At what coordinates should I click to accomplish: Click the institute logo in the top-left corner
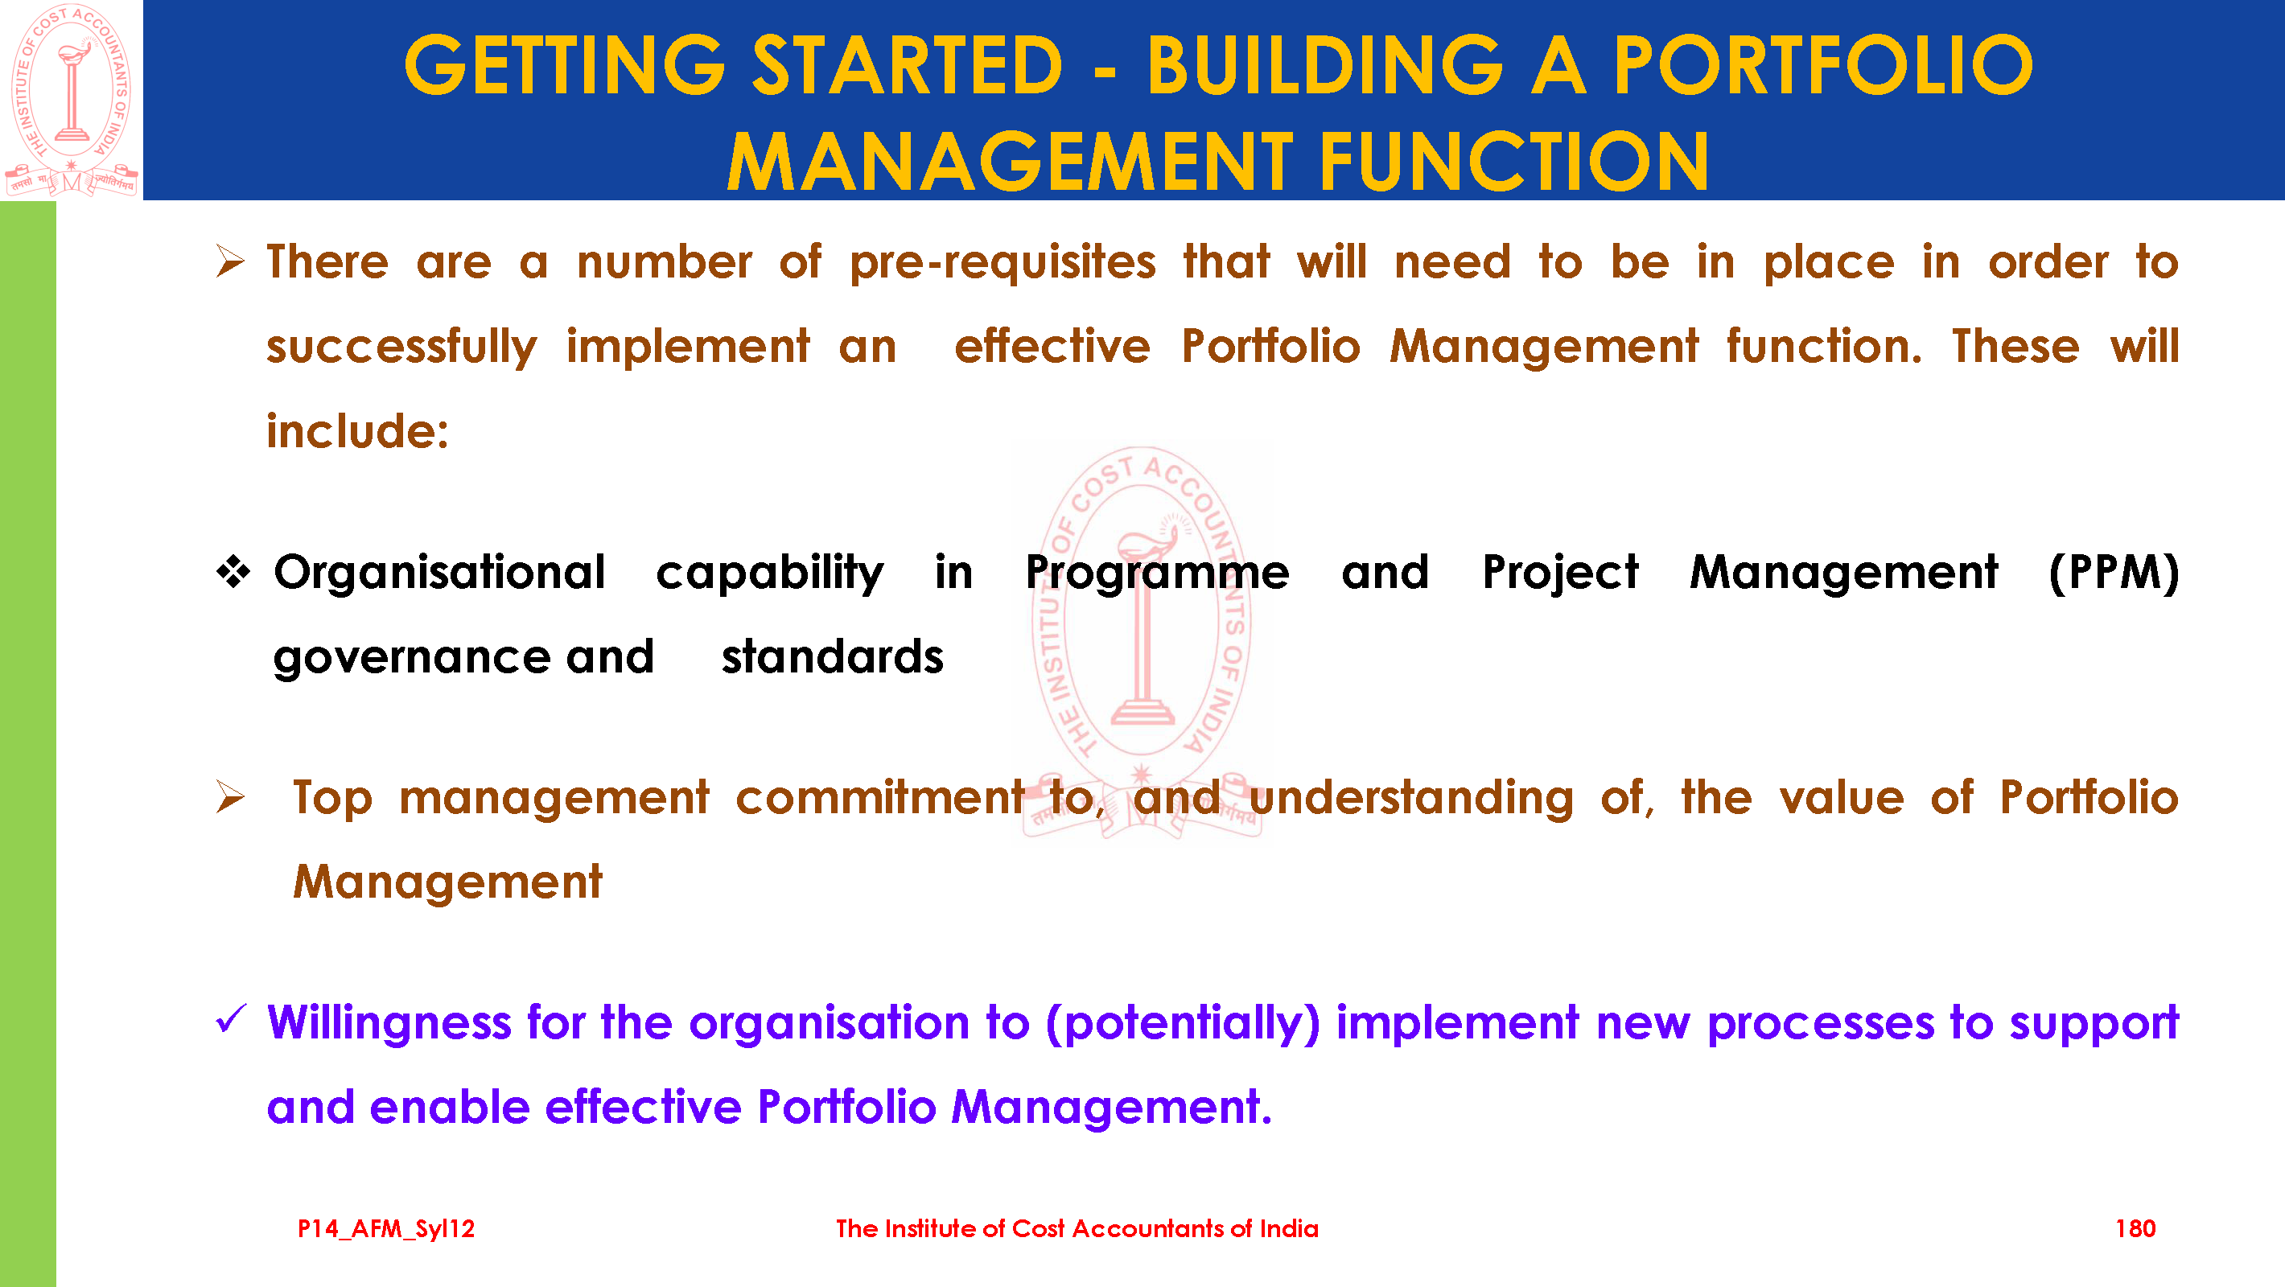(x=71, y=100)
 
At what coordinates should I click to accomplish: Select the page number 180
(x=2135, y=1228)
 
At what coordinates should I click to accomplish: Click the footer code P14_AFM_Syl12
(x=386, y=1229)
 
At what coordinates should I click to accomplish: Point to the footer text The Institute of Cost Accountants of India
(x=1077, y=1228)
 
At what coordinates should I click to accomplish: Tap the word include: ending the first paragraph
(x=357, y=431)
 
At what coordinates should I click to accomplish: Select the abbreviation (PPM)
(x=2114, y=573)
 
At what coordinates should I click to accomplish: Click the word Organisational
(x=439, y=572)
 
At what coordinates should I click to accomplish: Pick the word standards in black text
(x=832, y=657)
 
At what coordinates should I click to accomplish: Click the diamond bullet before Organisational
(x=233, y=571)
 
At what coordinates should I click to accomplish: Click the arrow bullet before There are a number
(x=230, y=261)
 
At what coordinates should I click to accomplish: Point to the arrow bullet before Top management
(x=230, y=796)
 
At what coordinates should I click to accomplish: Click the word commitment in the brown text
(x=879, y=797)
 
